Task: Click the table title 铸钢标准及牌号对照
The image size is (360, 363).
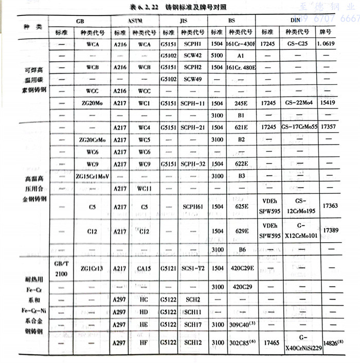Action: click(193, 8)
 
